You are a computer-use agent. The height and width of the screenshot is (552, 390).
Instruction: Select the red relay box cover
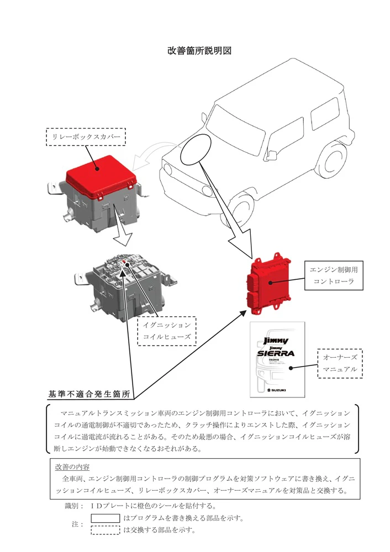(101, 175)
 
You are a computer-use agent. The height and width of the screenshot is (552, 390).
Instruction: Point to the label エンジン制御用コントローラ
(332, 275)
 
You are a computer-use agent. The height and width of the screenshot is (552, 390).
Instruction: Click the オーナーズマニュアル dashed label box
(340, 363)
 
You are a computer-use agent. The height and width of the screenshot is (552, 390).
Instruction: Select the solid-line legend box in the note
(105, 518)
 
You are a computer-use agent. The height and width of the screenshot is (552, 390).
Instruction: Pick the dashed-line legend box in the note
(105, 530)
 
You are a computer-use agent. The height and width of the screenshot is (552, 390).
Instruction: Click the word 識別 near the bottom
(71, 505)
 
